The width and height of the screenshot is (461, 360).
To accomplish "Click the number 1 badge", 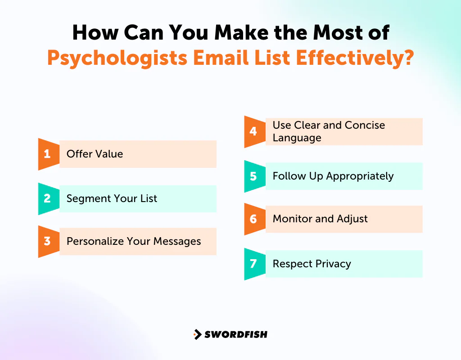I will click(x=47, y=154).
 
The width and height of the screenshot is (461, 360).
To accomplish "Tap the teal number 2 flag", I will click(x=47, y=198).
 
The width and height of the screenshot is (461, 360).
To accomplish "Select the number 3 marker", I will click(x=47, y=241).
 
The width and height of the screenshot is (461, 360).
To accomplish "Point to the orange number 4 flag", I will click(x=253, y=131).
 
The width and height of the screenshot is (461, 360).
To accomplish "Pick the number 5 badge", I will click(x=253, y=176).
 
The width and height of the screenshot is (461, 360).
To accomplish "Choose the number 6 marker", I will click(x=253, y=219).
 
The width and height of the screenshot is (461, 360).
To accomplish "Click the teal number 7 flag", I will click(x=253, y=264).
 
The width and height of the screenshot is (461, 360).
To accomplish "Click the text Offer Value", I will click(x=95, y=154).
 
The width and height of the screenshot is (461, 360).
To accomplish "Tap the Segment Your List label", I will click(x=112, y=198).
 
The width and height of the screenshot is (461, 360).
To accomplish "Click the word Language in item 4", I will click(x=297, y=138).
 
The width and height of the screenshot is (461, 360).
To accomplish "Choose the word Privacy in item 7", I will click(x=333, y=264).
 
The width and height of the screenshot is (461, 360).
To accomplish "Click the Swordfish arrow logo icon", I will click(x=197, y=334).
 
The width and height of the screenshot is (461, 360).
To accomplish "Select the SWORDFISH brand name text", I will click(x=236, y=334).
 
